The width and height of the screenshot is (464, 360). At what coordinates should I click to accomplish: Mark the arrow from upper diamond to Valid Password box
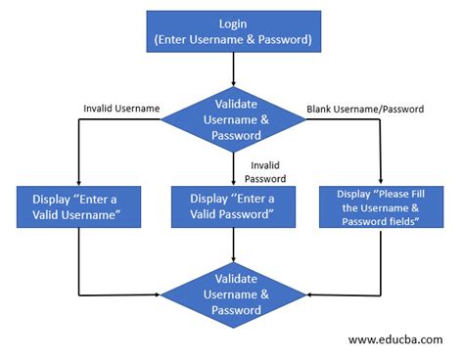click(x=233, y=168)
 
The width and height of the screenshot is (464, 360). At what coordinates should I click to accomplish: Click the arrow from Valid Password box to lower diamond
click(x=233, y=248)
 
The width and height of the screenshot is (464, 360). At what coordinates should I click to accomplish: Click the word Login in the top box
click(x=232, y=23)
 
